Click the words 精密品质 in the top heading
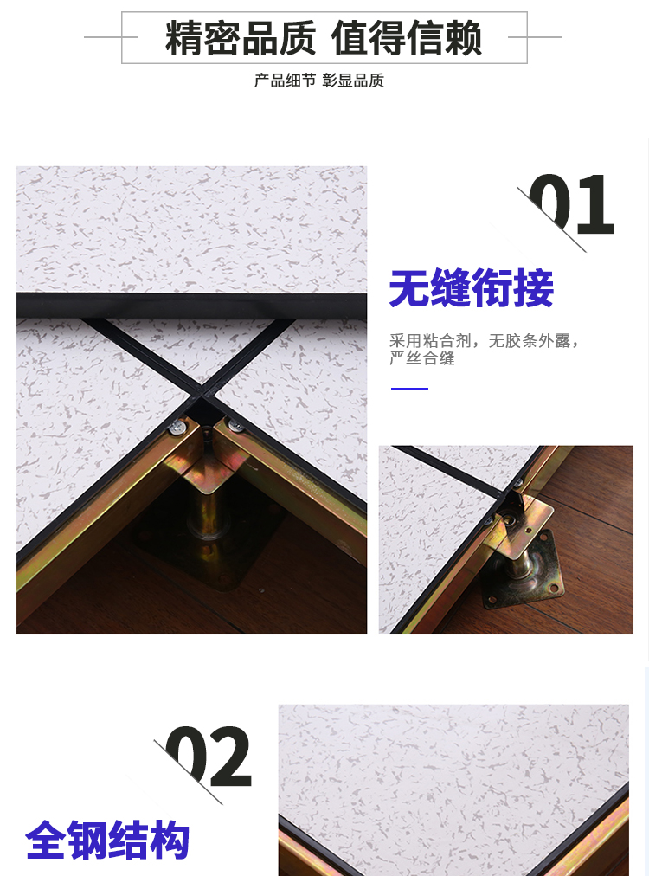241,38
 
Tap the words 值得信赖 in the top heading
406,38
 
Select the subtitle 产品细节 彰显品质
319,81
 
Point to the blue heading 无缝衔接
471,287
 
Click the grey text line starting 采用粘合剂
484,340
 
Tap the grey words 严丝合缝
422,358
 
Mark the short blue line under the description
409,389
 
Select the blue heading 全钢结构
107,840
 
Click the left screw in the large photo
177,428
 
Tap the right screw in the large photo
236,426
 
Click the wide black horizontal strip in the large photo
191,305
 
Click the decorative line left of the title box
110,37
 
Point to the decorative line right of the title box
535,37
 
